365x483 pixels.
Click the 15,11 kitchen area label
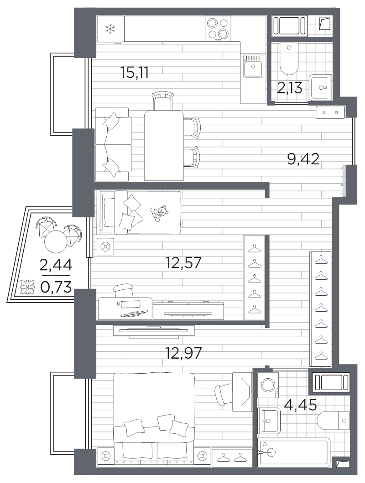(x=135, y=73)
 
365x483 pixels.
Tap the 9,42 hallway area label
(x=303, y=159)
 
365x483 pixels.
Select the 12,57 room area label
(x=183, y=263)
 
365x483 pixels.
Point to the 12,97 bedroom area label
(x=183, y=353)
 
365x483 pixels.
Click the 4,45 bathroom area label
(x=301, y=405)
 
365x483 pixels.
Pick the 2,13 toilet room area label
(x=289, y=88)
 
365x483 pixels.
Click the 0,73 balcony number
(x=56, y=287)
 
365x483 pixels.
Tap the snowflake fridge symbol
(x=110, y=30)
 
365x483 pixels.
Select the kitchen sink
(x=253, y=66)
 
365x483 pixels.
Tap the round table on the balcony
(x=56, y=242)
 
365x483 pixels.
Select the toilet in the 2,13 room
(x=289, y=58)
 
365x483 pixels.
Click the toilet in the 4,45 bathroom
(x=334, y=421)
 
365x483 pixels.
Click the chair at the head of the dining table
(x=162, y=100)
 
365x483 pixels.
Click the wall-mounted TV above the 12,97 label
(x=154, y=331)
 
